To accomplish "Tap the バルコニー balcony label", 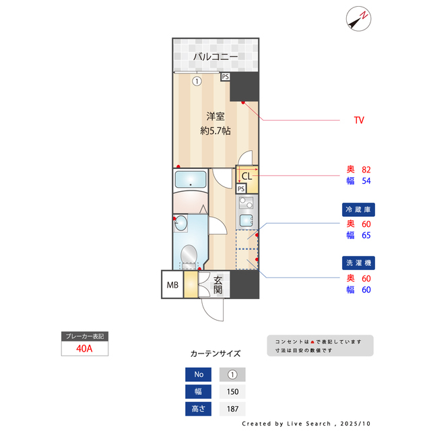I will (215, 57).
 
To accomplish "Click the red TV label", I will (359, 120).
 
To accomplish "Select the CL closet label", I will (246, 176).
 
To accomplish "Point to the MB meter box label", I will (172, 286).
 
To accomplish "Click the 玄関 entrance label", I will (218, 285).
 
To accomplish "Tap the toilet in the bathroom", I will (189, 255).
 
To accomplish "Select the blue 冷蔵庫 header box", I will (358, 209).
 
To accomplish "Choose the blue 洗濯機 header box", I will (358, 263).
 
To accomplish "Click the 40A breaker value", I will (84, 350).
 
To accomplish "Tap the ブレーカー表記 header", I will (84, 336).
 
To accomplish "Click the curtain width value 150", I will (232, 392).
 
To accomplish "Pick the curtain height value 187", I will (232, 409).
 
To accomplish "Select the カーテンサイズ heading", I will (215, 354).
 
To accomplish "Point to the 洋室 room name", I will (215, 116).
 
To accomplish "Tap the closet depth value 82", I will (367, 169).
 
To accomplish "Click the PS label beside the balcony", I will (225, 77).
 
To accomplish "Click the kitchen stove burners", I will (244, 203).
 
